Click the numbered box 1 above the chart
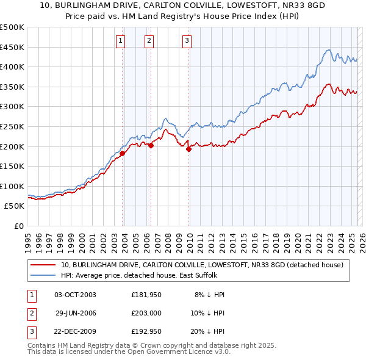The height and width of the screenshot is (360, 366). coord(120,41)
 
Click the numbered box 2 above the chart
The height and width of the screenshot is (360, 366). coord(149,41)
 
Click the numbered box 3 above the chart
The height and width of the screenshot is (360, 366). coord(187,41)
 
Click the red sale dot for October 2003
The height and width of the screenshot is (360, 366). coord(123,154)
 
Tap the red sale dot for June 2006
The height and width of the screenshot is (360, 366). coord(151,145)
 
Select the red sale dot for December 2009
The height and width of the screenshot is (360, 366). coord(189,149)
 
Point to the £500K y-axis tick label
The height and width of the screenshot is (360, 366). coord(12,27)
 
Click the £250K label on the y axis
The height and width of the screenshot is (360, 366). coord(12,126)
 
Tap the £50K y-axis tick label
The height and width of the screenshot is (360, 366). coord(15,206)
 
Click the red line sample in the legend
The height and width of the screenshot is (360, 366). coord(43,265)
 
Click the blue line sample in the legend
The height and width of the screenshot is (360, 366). coord(43,275)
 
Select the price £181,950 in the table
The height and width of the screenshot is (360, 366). coord(146,295)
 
